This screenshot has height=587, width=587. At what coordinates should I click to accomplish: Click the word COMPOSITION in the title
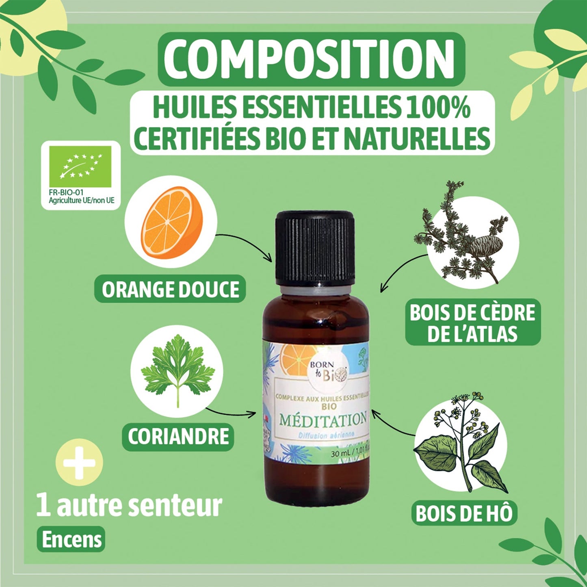point(311,59)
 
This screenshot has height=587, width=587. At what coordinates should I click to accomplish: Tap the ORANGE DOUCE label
point(170,290)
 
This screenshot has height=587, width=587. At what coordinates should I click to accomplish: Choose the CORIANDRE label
point(178,437)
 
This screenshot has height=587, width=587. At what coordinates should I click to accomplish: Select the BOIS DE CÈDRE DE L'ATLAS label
point(472,323)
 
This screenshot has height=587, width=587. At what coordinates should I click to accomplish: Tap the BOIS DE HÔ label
point(464,513)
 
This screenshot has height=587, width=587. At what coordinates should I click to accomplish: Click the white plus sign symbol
point(80,463)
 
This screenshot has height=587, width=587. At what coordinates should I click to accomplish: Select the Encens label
point(71,539)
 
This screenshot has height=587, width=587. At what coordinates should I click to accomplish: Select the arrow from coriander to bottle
point(232,412)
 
